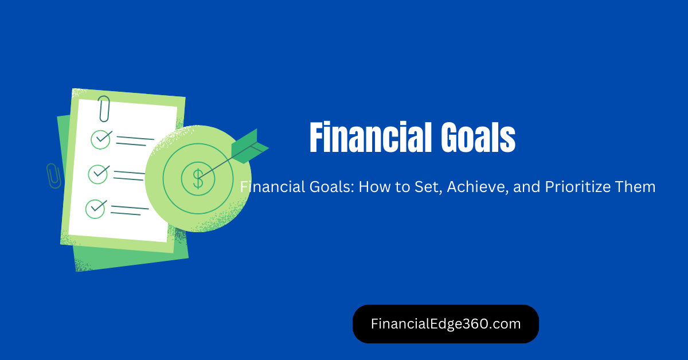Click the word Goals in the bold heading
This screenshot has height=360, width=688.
coord(478,137)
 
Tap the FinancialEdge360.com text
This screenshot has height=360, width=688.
coord(445,324)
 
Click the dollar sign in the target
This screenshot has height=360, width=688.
coord(198,178)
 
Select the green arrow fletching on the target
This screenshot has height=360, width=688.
coord(249,146)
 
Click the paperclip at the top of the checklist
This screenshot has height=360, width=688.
coord(104,109)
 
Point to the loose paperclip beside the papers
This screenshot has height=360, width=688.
coord(54,176)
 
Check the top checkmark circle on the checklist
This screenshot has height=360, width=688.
coord(101,139)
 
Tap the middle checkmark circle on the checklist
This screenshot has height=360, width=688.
coord(98,174)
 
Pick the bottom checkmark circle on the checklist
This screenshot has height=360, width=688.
coord(96,209)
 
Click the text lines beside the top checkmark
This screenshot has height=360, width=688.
coord(135,141)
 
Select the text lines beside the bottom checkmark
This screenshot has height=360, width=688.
coord(130,210)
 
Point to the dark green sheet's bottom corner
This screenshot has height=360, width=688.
coord(76,272)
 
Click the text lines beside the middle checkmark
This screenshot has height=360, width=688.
coord(129,175)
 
